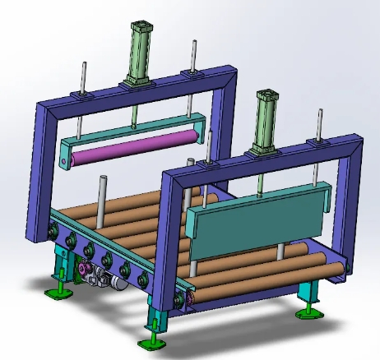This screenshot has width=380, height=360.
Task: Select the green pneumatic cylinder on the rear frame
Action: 137,49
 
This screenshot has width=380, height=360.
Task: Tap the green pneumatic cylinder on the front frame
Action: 267,119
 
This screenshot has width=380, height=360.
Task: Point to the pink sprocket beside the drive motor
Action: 85,272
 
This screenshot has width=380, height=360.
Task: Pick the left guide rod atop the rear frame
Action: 83,79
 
